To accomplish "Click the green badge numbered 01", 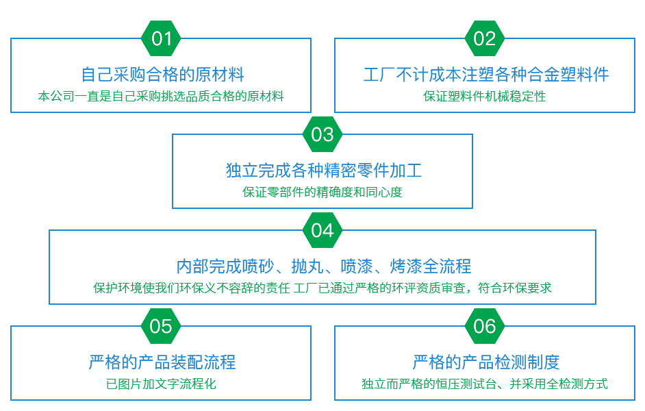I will [161, 38].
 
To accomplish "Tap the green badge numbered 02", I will [485, 38].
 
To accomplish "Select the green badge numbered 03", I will [322, 134].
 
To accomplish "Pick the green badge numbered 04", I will [322, 230].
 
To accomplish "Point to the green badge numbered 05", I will [161, 326].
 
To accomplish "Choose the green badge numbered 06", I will [485, 326].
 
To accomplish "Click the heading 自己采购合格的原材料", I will [163, 74].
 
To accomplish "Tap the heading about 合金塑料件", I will [488, 74].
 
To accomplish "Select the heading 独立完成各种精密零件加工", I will [323, 170].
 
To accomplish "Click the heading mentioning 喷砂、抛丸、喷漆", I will [327, 266].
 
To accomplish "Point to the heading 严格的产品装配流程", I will [164, 362].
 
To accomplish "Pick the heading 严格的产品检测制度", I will [488, 362].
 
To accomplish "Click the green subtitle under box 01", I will [161, 96].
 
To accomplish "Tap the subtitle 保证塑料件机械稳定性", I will [485, 96].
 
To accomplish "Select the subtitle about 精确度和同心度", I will [322, 192].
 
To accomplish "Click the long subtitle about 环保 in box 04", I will [322, 288].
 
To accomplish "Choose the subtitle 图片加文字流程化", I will [162, 384].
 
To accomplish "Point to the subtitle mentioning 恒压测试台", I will [483, 384].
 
